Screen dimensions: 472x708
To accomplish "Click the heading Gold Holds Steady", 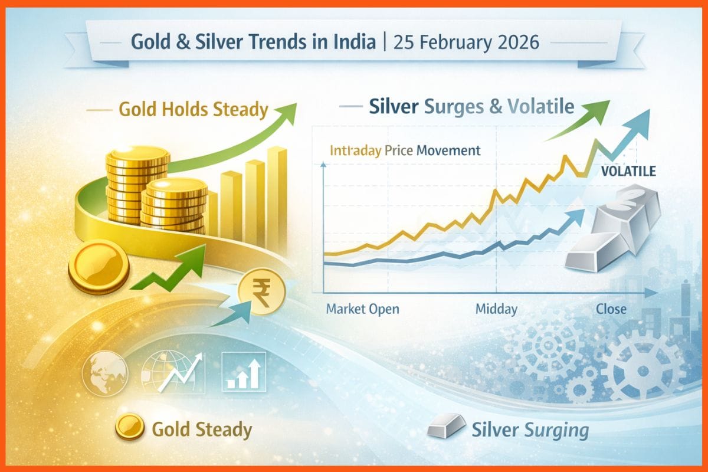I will point(194,109).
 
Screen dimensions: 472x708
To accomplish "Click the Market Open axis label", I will point(362,309).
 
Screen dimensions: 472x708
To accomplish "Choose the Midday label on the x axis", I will point(496,309).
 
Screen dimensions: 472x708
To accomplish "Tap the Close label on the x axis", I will point(611,309).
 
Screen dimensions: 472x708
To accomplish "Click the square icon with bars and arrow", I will point(242,372).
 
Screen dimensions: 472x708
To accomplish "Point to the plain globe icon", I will point(104,372).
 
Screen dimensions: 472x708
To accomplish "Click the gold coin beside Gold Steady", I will point(129,427).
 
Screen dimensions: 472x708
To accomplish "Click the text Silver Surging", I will point(530,430).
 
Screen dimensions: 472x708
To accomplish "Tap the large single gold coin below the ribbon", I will point(99,267).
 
